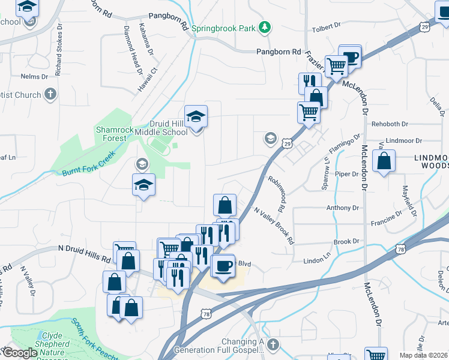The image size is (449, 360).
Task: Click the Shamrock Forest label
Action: click(111, 134)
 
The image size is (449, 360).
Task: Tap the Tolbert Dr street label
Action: click(327, 26)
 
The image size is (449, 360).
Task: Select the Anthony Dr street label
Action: click(342, 208)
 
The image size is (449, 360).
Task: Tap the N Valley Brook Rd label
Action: click(274, 226)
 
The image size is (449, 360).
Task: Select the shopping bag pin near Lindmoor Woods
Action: click(384, 161)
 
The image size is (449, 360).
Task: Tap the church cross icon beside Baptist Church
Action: click(50, 94)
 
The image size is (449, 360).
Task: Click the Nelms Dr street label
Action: click(34, 77)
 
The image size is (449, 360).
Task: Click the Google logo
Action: click(19, 353)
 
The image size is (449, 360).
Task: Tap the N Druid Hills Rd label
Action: click(86, 253)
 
